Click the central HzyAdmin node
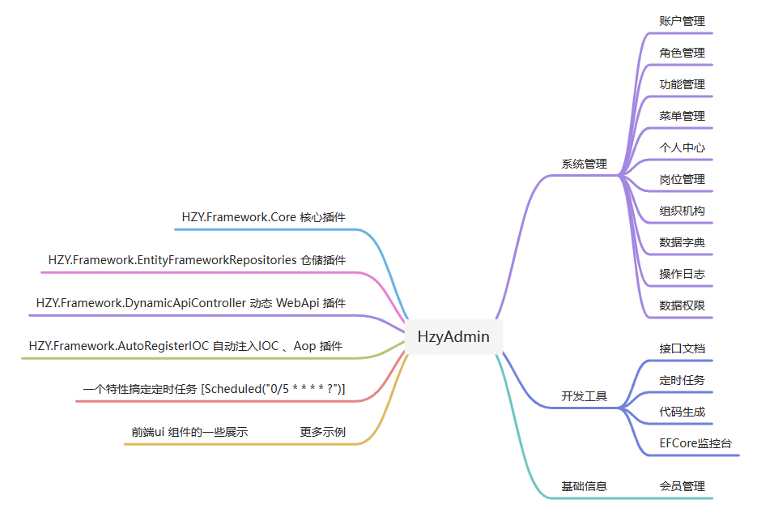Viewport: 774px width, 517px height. click(x=453, y=336)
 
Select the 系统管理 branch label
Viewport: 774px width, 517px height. click(x=584, y=164)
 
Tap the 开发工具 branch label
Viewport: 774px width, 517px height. click(x=584, y=397)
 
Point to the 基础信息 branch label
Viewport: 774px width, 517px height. click(x=584, y=486)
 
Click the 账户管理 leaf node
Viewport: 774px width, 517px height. click(x=682, y=21)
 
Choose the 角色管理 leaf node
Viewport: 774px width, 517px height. click(x=682, y=53)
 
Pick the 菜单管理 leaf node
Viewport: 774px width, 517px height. click(x=682, y=116)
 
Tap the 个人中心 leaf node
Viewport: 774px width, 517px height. click(x=682, y=147)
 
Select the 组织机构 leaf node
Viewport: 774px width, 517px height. click(x=682, y=211)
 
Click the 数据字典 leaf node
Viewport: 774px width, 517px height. click(x=682, y=242)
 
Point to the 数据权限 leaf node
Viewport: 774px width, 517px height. click(x=682, y=305)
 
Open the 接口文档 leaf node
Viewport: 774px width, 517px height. click(x=682, y=348)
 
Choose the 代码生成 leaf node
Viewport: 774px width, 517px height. click(x=682, y=412)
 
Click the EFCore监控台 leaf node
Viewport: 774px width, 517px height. click(x=695, y=443)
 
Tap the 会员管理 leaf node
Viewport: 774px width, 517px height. click(x=682, y=486)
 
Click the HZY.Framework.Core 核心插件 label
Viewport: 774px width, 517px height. click(x=264, y=217)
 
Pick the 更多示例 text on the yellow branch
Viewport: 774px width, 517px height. click(x=322, y=432)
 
